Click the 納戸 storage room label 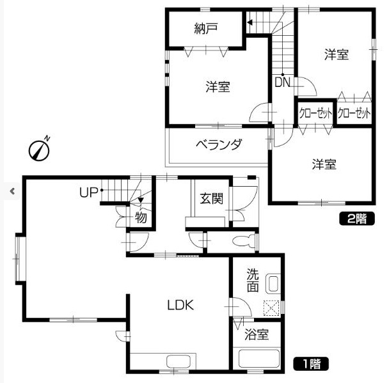point(205,28)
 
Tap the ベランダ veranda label point(219,145)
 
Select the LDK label point(180,305)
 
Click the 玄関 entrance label point(211,199)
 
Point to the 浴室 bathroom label point(257,334)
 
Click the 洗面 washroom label point(253,280)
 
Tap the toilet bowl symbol point(244,240)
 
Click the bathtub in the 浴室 point(258,359)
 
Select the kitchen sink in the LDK point(179,362)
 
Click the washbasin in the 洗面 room point(273,283)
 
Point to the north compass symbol point(40,149)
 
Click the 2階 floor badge point(357,219)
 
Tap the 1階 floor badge point(311,364)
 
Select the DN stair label point(282,82)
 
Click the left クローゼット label point(315,113)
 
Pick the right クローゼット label point(354,113)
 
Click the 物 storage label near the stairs point(141,217)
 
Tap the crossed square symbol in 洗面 point(271,308)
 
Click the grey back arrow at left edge point(12,191)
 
